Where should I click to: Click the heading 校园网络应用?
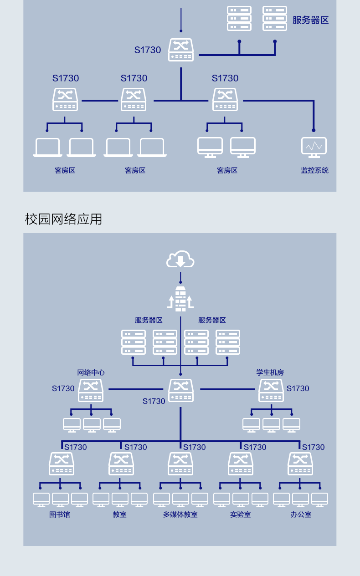[63, 219]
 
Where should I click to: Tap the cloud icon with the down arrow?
[180, 260]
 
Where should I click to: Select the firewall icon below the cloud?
[180, 299]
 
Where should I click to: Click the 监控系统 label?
[314, 170]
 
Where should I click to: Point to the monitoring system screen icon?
[314, 147]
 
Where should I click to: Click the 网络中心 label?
[91, 372]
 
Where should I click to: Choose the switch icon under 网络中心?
[91, 391]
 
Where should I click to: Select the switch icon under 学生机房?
[271, 391]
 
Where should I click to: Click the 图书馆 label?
[60, 515]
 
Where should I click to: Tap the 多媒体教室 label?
[180, 515]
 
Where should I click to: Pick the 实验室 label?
[240, 515]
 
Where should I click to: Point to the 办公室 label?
[301, 515]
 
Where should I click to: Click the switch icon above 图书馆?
[62, 464]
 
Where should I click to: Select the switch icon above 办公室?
[300, 464]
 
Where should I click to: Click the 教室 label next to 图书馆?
[120, 515]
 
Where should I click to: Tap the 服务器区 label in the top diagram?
[310, 20]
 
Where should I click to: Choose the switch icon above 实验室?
[241, 464]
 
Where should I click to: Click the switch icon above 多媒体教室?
[180, 464]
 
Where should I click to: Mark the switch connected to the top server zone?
[181, 50]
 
